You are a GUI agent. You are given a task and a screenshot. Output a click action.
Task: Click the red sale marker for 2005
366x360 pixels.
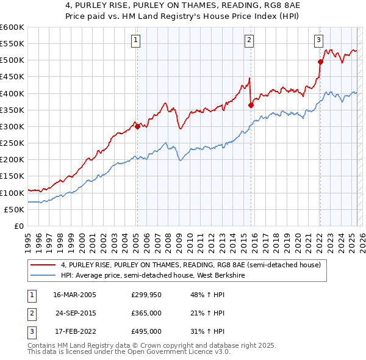(137, 126)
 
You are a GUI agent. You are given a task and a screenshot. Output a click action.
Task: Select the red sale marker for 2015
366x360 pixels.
(251, 105)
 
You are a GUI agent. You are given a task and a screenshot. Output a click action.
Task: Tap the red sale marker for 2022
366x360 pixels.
(320, 62)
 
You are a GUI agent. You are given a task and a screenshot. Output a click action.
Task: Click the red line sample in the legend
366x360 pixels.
(43, 265)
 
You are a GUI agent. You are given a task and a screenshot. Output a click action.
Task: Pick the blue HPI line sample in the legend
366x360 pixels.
(43, 276)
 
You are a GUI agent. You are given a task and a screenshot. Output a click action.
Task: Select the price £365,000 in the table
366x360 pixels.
(146, 312)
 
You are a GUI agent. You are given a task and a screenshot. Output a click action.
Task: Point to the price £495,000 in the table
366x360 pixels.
(146, 331)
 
